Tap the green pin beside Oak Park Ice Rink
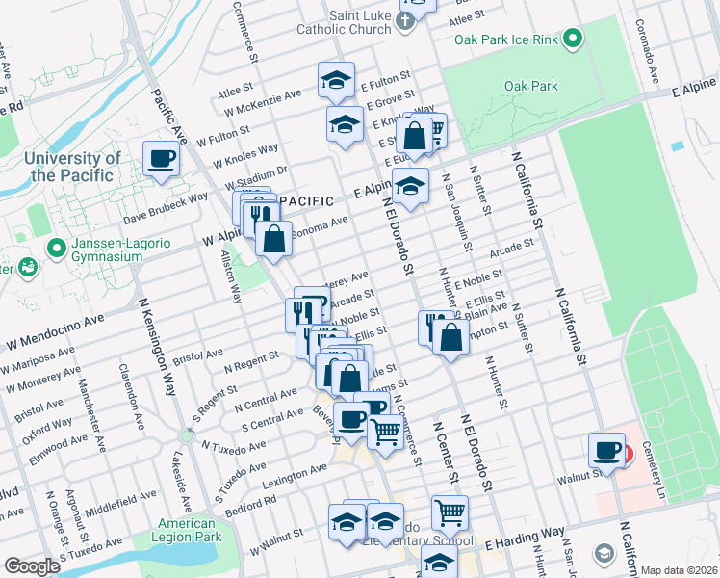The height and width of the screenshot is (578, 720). pyautogui.click(x=573, y=40)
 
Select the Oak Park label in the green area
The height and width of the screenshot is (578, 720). pyautogui.click(x=530, y=86)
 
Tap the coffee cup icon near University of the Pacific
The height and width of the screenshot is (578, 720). pyautogui.click(x=161, y=157)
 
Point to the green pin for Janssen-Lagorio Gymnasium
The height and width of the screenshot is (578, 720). pyautogui.click(x=57, y=249)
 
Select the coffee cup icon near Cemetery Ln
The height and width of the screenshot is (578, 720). pyautogui.click(x=608, y=450)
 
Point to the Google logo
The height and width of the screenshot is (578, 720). pyautogui.click(x=32, y=566)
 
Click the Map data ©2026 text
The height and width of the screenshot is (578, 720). pyautogui.click(x=680, y=570)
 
